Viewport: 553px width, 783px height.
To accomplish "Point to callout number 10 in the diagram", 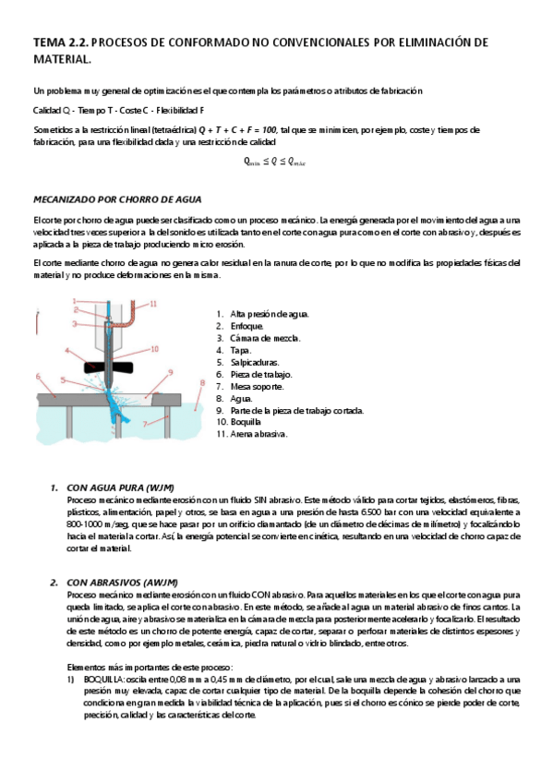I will (x=155, y=348).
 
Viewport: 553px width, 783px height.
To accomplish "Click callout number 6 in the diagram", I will (x=38, y=376).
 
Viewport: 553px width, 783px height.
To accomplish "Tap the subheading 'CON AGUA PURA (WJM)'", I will (x=121, y=487).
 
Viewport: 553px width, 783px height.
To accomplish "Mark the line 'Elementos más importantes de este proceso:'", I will (x=147, y=667).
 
